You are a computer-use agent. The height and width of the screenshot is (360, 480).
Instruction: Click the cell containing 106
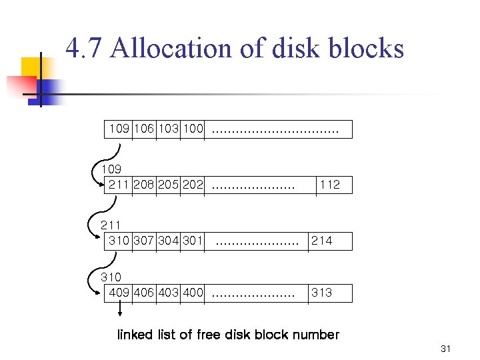[x=144, y=129]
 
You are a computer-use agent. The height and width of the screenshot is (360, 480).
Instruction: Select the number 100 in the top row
[x=192, y=129]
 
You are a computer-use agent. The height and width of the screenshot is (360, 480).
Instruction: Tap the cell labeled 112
[x=330, y=185]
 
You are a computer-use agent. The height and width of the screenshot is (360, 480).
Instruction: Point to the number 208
[x=144, y=185]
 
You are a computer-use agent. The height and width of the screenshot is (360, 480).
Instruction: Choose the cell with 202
[x=192, y=185]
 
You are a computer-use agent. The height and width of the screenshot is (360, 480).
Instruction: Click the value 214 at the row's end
[x=321, y=241]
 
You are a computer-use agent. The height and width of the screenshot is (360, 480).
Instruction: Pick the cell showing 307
[x=144, y=241]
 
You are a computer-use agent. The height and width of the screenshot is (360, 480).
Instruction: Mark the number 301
[x=192, y=241]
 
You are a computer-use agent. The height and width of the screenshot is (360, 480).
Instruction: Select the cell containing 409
[x=119, y=293]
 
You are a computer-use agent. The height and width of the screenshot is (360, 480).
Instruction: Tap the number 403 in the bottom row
[x=168, y=293]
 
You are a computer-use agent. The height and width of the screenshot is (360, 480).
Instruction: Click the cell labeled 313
[x=321, y=293]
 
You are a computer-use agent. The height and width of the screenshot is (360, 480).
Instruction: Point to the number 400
[x=192, y=293]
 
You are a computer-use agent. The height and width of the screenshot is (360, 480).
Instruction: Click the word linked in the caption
[x=135, y=335]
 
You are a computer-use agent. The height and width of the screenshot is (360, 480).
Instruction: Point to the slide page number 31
[x=446, y=349]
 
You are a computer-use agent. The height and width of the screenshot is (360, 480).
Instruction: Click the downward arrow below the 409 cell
[x=120, y=311]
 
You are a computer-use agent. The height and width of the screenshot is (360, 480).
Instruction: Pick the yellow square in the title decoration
[x=31, y=67]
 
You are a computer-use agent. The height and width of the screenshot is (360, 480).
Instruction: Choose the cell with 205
[x=168, y=185]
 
